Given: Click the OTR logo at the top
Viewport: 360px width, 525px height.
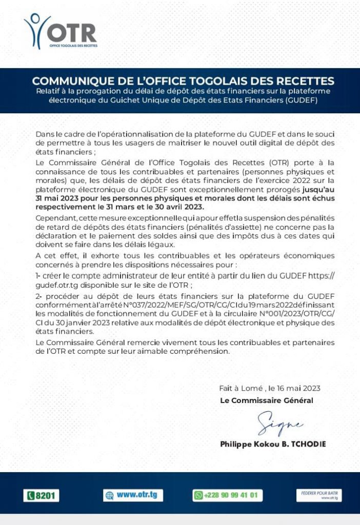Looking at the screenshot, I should pos(60,31).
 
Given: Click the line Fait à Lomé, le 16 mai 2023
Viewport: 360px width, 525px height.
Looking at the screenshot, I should pos(269,389).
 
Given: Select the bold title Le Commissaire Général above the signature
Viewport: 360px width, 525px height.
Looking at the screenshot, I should pos(266,400).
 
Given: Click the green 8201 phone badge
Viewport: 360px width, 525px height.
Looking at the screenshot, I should pos(42,496).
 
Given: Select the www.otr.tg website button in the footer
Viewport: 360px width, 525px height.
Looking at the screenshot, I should pos(133,495).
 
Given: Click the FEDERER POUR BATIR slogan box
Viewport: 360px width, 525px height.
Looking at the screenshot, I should pos(318,495).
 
